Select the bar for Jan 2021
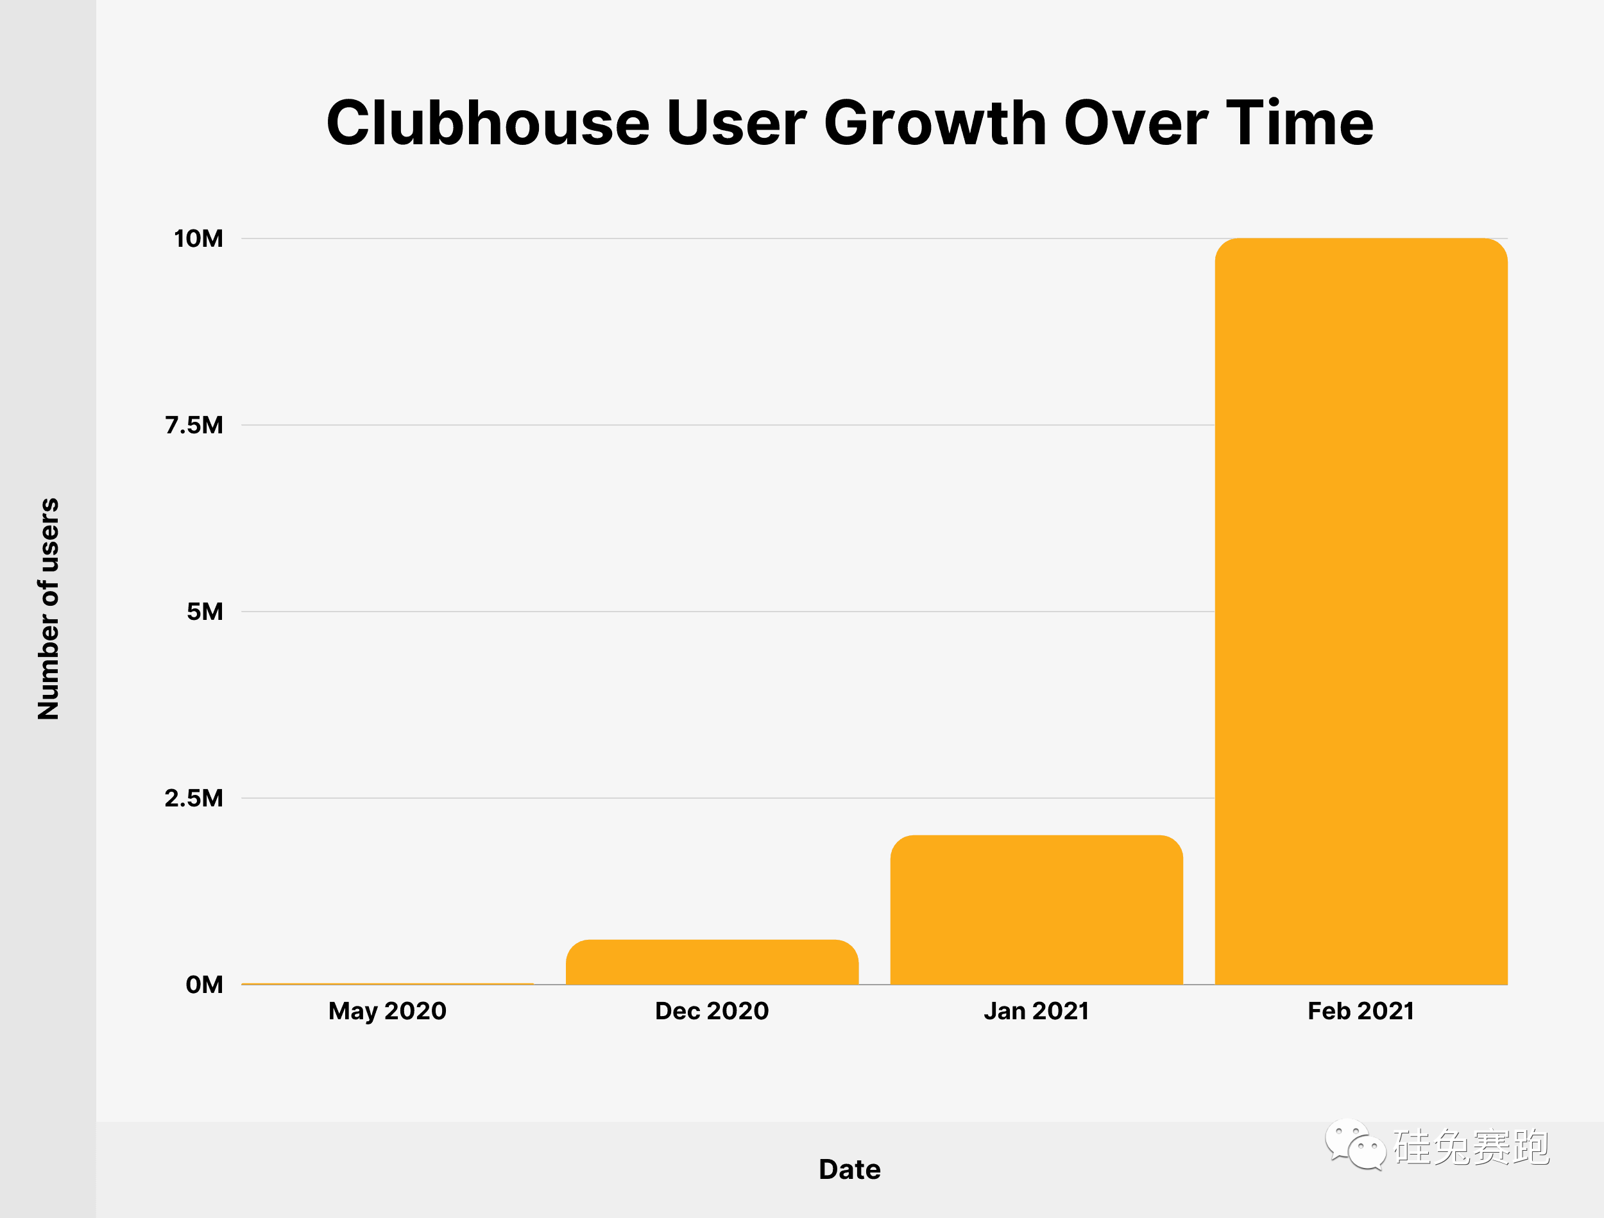[x=1036, y=910]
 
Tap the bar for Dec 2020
[x=712, y=962]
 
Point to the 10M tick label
[x=198, y=238]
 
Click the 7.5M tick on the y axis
[x=194, y=425]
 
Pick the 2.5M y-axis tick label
[x=194, y=798]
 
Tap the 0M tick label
[x=204, y=985]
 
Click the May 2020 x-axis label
[x=388, y=1011]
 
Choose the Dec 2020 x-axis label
[x=712, y=1011]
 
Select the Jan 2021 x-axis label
[x=1036, y=1011]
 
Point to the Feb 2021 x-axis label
[x=1361, y=1011]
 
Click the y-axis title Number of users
[x=48, y=609]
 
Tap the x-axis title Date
[x=849, y=1169]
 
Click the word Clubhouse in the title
[x=488, y=123]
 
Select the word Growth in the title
[x=935, y=123]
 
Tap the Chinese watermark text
[x=1471, y=1147]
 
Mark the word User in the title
[x=737, y=123]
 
